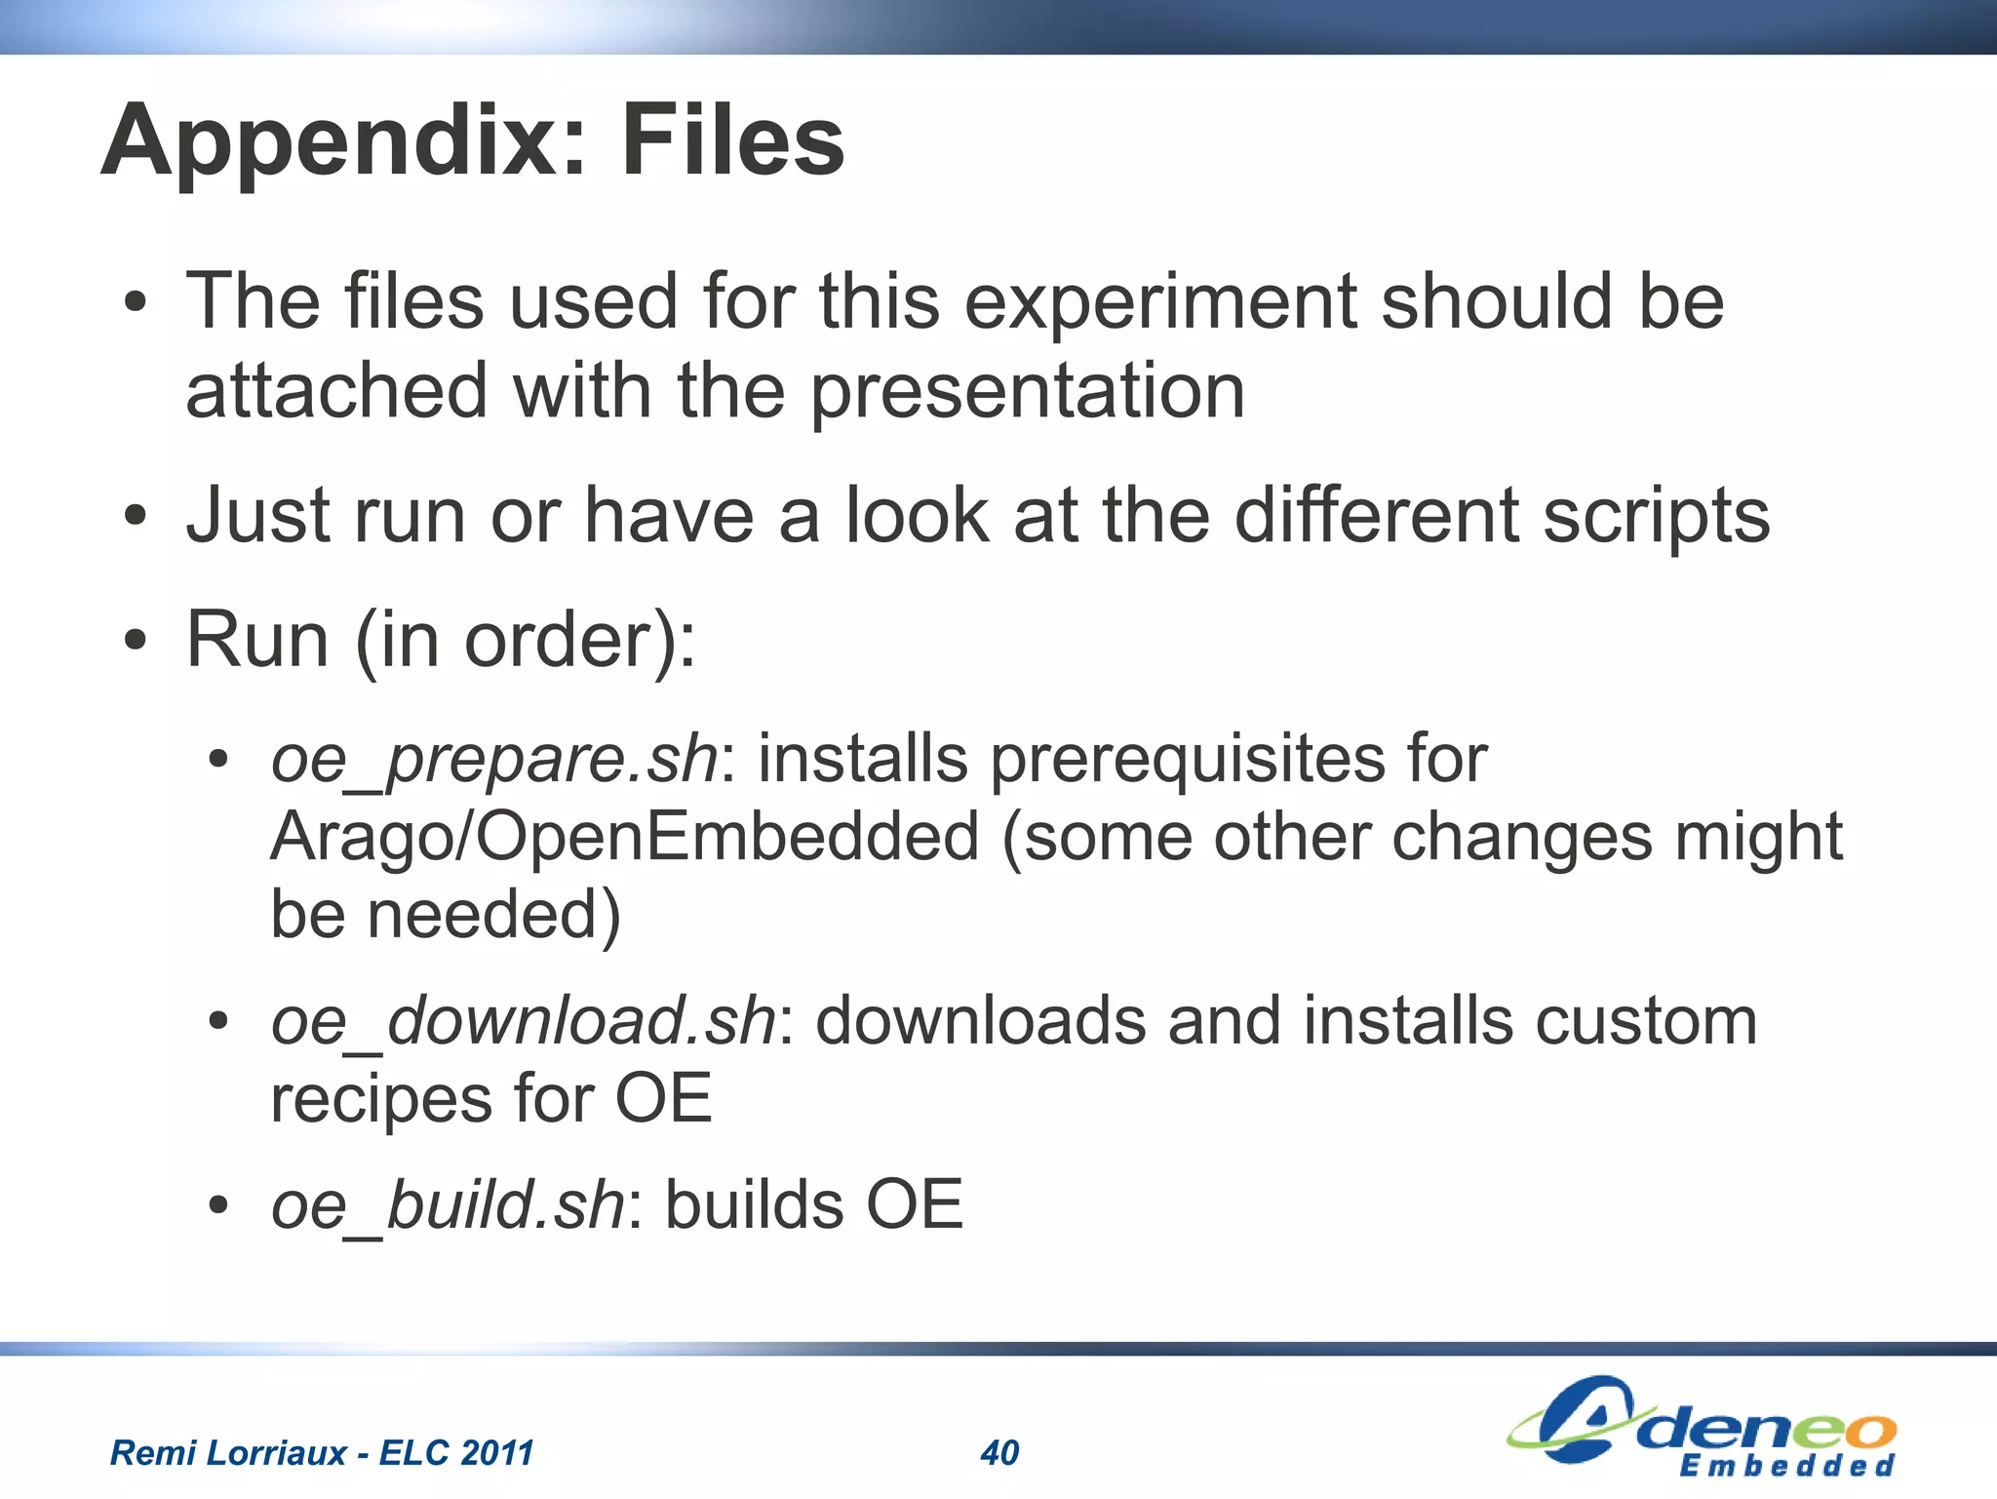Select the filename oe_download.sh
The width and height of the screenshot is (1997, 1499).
click(524, 1022)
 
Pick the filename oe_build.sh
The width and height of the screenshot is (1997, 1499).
click(448, 1205)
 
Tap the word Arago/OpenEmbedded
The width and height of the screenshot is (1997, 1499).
click(624, 838)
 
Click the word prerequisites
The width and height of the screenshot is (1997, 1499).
click(1187, 759)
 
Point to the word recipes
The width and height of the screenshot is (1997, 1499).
click(380, 1100)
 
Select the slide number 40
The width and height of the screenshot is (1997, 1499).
click(999, 1453)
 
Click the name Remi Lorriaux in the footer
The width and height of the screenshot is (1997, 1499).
click(227, 1453)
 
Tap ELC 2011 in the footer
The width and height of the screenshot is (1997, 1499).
click(456, 1453)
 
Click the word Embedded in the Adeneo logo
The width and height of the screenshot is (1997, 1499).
click(1786, 1466)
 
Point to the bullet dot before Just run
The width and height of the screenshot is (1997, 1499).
click(136, 516)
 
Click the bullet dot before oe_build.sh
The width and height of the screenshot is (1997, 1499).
click(218, 1206)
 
